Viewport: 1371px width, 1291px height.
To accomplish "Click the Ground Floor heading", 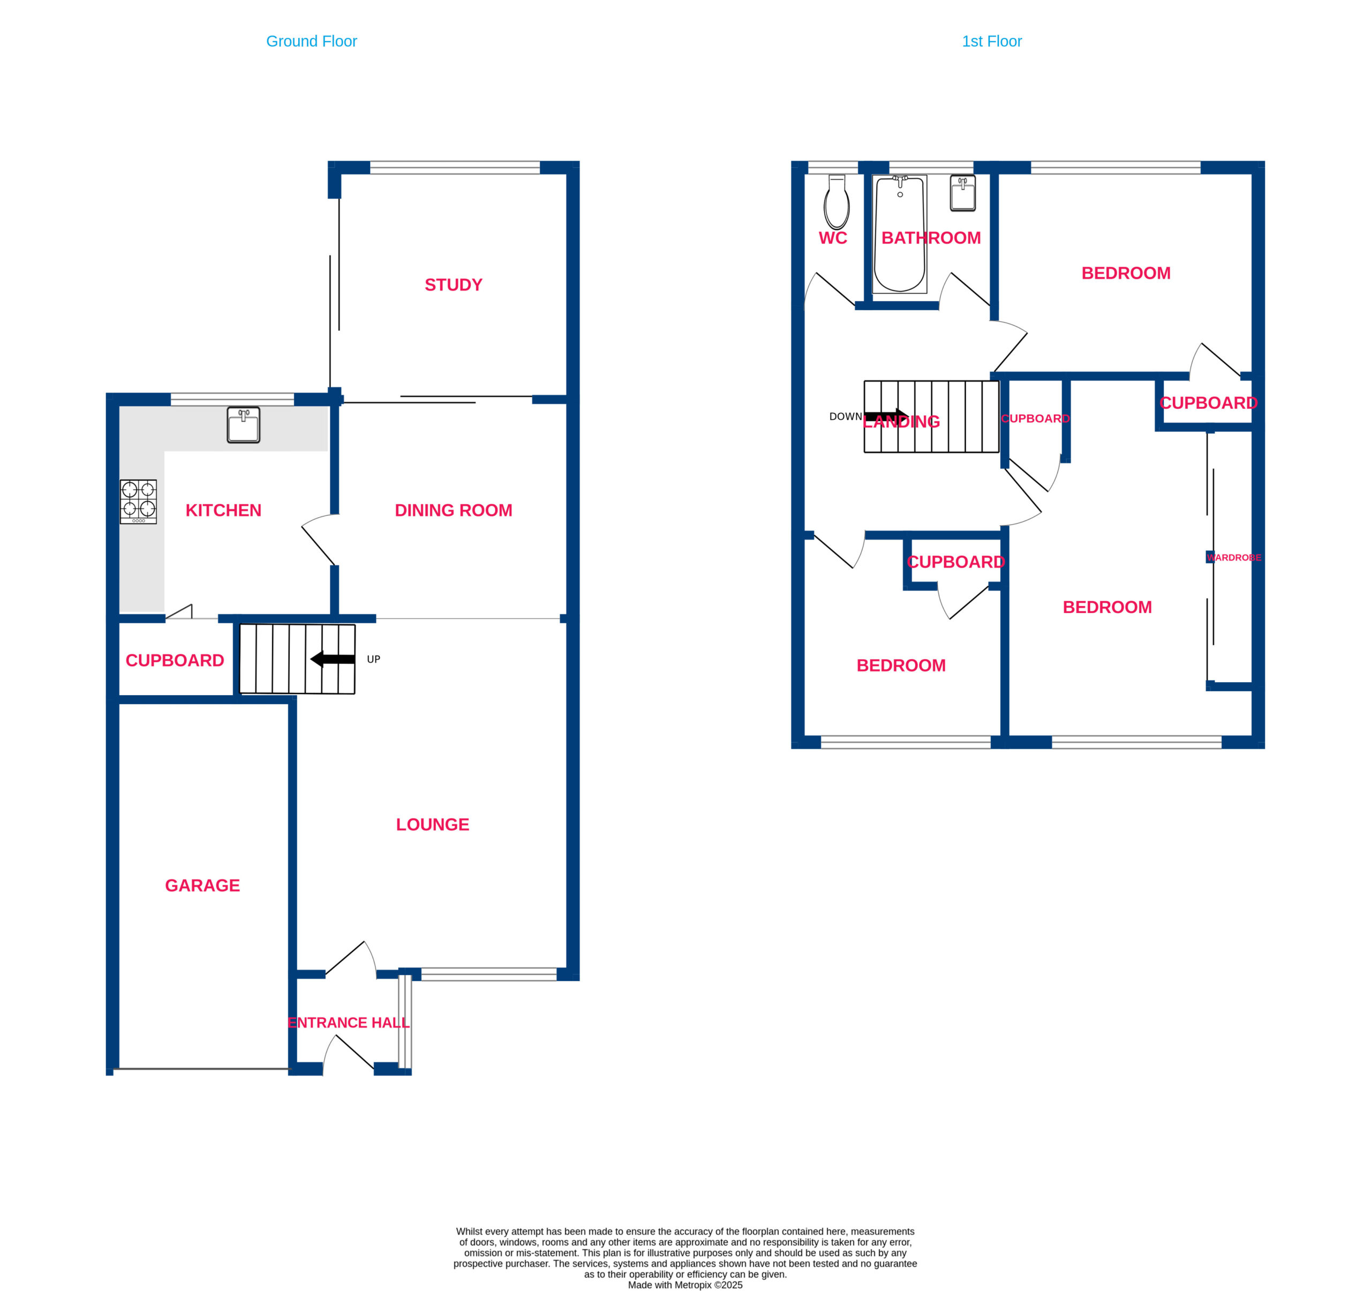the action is tap(311, 41).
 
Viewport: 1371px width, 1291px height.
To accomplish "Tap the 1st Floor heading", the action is tap(992, 41).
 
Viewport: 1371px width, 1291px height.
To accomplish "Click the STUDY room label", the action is tap(453, 285).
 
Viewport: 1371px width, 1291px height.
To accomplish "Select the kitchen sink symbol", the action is tap(244, 424).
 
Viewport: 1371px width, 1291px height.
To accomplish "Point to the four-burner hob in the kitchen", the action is tap(138, 502).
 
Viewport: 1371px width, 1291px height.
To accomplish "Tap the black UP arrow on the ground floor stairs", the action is tap(333, 659).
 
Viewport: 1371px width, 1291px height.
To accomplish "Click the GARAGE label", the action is tap(202, 885).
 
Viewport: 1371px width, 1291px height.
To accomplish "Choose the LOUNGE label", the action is tap(432, 825).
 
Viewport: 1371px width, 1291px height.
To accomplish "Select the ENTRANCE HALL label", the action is tap(348, 1023).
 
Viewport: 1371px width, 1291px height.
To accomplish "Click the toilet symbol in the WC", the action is tap(837, 202).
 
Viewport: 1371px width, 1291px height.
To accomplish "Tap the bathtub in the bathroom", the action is tap(900, 234).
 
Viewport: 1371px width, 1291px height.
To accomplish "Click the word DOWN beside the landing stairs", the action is tap(846, 417).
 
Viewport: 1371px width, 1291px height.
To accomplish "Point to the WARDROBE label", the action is tap(1234, 557).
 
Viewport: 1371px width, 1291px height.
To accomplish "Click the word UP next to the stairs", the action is tap(373, 660).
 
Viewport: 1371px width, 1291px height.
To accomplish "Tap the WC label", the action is tap(833, 238).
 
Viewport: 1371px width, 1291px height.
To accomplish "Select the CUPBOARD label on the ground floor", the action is tap(175, 660).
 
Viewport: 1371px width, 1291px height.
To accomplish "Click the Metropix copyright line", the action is tap(685, 1285).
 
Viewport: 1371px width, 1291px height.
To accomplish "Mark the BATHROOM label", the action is tap(931, 238).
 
